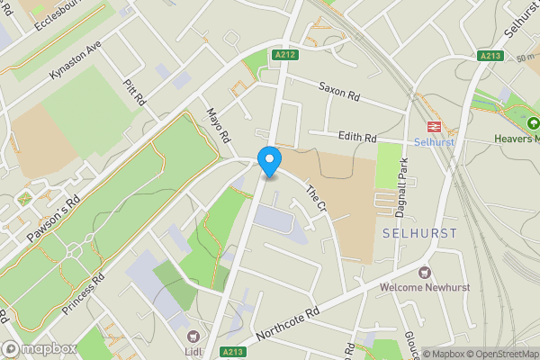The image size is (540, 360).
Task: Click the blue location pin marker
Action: pos(268,161)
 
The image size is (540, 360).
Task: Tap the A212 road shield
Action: pos(284,53)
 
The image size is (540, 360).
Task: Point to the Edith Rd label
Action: pos(357,137)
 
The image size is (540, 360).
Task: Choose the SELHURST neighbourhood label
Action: pos(419,233)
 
